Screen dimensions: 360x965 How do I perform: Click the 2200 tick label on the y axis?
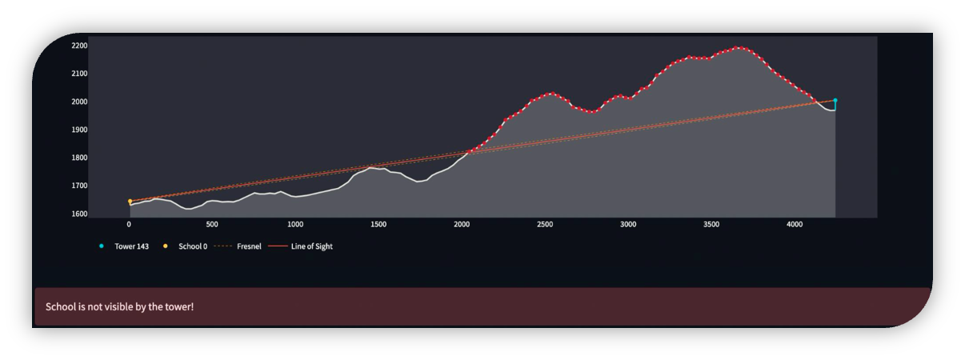pyautogui.click(x=79, y=46)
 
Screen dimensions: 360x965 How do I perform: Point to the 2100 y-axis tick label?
pyautogui.click(x=79, y=74)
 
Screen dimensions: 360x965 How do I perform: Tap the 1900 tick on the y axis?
pyautogui.click(x=79, y=130)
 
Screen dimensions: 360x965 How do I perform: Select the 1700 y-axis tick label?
pyautogui.click(x=79, y=186)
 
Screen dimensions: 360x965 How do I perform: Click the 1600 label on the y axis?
pyautogui.click(x=79, y=214)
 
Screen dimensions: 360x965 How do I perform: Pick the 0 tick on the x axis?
pyautogui.click(x=129, y=225)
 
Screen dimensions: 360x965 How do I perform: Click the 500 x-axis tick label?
pyautogui.click(x=212, y=225)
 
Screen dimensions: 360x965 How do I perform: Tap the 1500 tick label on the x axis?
pyautogui.click(x=378, y=225)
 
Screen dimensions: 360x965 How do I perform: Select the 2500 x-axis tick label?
pyautogui.click(x=545, y=225)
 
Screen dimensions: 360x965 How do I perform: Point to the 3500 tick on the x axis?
pyautogui.click(x=711, y=225)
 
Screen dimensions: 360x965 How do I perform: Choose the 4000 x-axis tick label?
pyautogui.click(x=795, y=225)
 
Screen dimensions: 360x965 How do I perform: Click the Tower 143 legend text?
pyautogui.click(x=131, y=246)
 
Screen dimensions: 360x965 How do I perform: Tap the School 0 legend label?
pyautogui.click(x=193, y=246)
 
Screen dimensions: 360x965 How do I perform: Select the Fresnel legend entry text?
pyautogui.click(x=249, y=246)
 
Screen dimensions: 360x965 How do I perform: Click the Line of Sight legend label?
pyautogui.click(x=311, y=246)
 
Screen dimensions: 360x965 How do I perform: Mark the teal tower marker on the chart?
pyautogui.click(x=835, y=101)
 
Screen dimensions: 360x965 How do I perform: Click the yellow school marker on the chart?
pyautogui.click(x=130, y=202)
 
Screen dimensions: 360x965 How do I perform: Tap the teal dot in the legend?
pyautogui.click(x=102, y=246)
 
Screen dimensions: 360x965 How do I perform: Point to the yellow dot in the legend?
pyautogui.click(x=166, y=246)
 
